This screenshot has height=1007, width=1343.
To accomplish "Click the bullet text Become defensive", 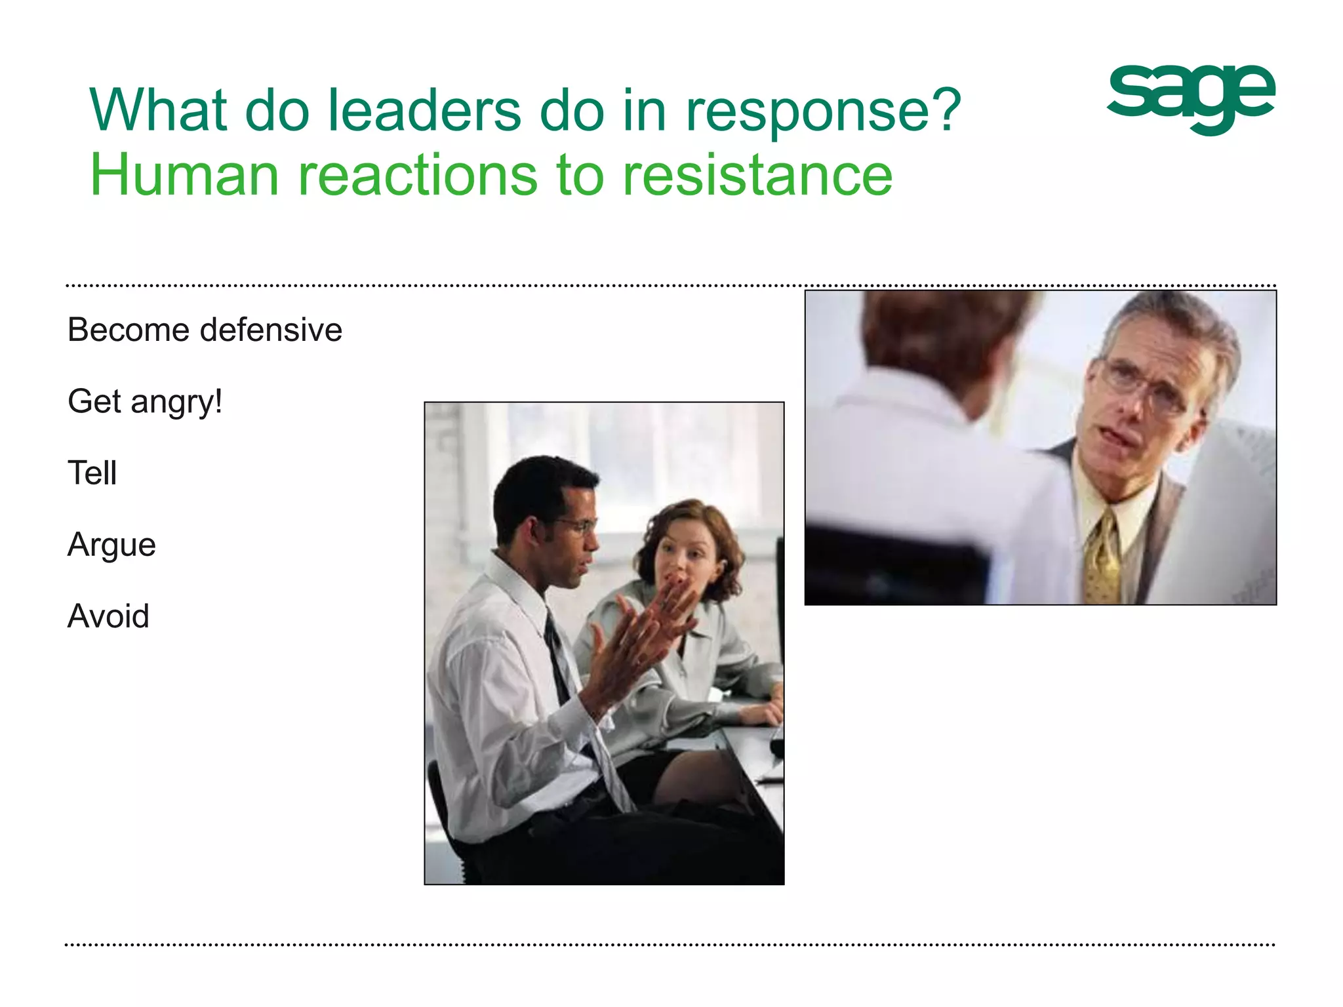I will coord(205,329).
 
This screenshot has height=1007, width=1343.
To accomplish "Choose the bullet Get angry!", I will coord(145,401).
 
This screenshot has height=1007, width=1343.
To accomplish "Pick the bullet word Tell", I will coord(92,473).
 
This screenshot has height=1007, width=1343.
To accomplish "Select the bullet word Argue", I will coord(111,545).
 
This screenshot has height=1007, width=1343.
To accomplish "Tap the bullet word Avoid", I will coord(108,616).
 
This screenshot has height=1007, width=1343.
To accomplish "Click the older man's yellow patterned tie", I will coord(1104,557).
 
